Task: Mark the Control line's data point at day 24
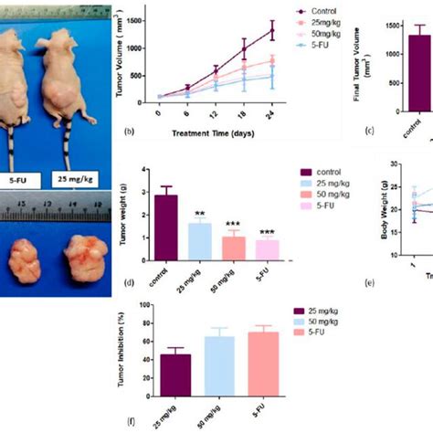[x=270, y=30]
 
